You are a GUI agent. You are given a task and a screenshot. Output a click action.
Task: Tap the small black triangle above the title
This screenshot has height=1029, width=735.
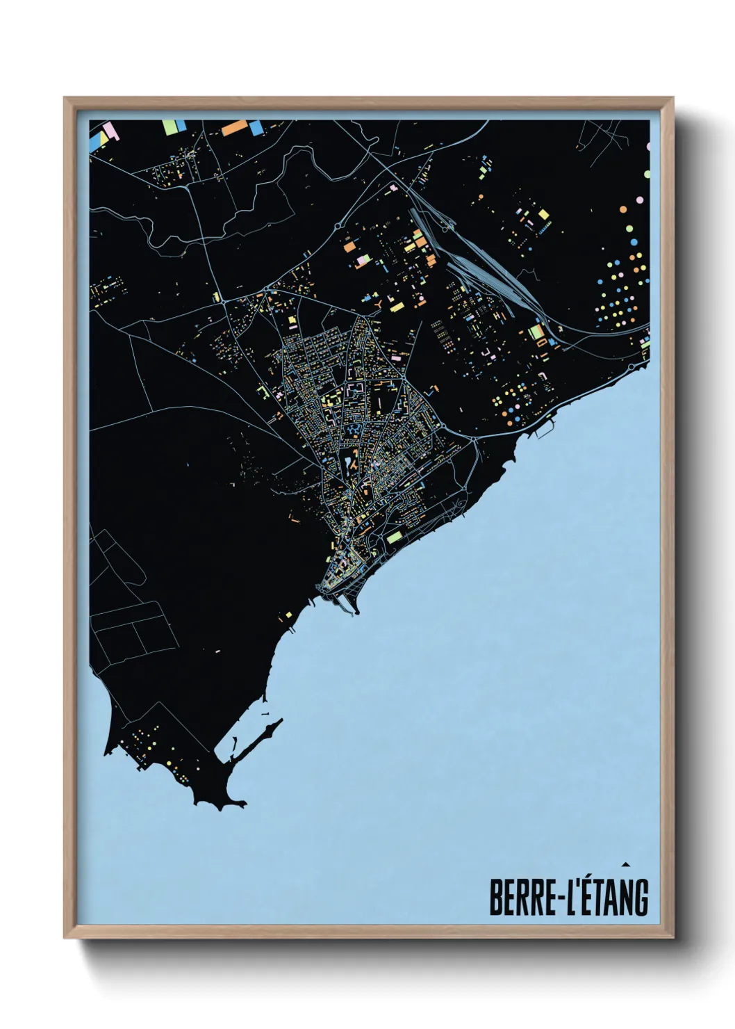pos(626,864)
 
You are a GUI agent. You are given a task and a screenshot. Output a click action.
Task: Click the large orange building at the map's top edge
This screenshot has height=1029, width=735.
pos(235,127)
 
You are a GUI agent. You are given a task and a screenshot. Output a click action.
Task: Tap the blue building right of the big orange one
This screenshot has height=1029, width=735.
pos(256,128)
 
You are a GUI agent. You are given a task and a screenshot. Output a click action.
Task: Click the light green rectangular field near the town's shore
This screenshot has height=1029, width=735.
pos(395,537)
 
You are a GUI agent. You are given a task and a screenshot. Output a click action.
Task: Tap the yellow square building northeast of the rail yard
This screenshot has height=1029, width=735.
pos(543,215)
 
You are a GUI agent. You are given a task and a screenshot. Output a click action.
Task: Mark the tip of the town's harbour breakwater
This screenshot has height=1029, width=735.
pos(357,613)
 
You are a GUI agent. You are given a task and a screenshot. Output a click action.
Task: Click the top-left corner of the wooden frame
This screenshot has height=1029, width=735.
pos(65,99)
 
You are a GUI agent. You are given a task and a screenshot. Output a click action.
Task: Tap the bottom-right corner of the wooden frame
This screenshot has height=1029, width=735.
pos(672,937)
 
